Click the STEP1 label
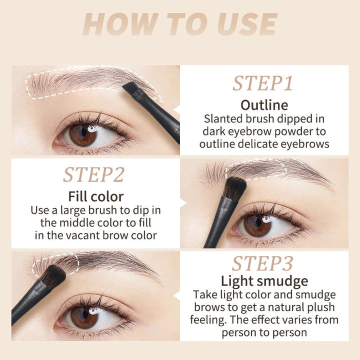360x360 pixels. click(x=263, y=83)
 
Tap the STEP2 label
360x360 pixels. click(x=93, y=174)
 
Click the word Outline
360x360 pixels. click(x=264, y=105)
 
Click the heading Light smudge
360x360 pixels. click(x=264, y=281)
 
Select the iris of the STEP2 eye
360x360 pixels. click(x=258, y=225)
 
